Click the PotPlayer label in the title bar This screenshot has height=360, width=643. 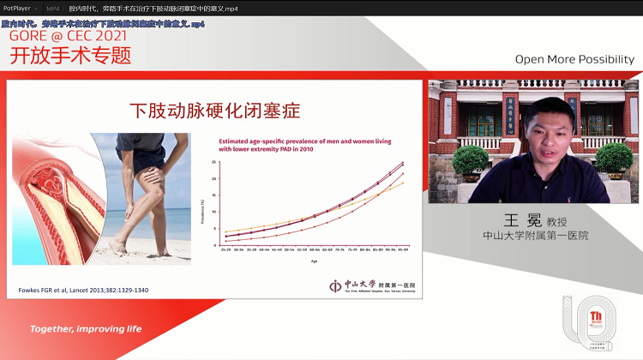click(x=17, y=8)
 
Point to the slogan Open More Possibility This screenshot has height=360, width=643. click(x=574, y=60)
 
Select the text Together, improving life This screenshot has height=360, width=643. click(x=86, y=329)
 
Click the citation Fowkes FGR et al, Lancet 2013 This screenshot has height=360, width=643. click(x=83, y=291)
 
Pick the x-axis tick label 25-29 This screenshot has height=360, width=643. click(x=225, y=250)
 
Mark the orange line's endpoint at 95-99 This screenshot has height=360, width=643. click(x=403, y=183)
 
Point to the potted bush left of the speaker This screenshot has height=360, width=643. click(x=470, y=163)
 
